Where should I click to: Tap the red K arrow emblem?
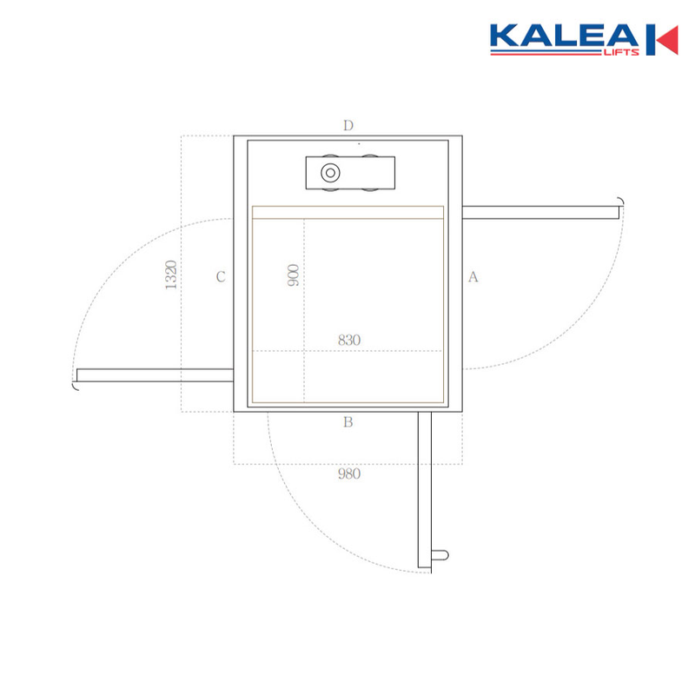[662, 40]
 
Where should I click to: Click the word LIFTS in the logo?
[621, 53]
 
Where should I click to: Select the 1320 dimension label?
[171, 275]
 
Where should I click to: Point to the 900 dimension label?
[294, 275]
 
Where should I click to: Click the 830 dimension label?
[349, 340]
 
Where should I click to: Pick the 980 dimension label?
[349, 473]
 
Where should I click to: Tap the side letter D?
[348, 125]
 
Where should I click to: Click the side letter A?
[473, 276]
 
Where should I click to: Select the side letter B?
[348, 422]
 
